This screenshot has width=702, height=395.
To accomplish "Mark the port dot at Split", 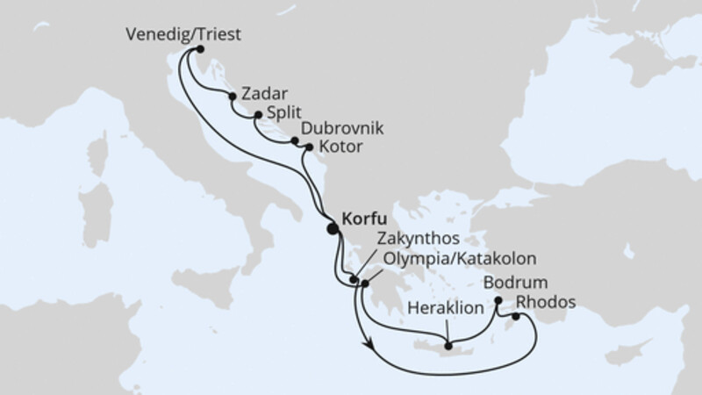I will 257,115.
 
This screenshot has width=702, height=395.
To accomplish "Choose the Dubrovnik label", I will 342,128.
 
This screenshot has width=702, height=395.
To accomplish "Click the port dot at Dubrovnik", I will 294,139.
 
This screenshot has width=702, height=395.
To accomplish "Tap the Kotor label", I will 341,147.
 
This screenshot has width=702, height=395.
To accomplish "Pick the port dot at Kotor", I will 307,147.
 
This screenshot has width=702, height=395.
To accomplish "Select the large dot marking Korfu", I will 333,229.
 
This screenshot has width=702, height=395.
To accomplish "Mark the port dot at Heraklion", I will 448,344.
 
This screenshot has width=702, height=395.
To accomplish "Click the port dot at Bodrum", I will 498,301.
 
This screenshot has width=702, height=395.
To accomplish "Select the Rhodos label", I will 546,302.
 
